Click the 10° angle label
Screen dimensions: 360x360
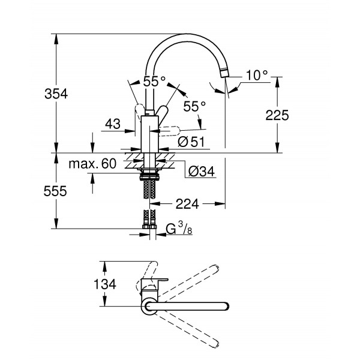tap(256, 76)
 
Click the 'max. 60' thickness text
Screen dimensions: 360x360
tap(92, 164)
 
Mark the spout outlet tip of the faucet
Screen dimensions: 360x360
tap(223, 73)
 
